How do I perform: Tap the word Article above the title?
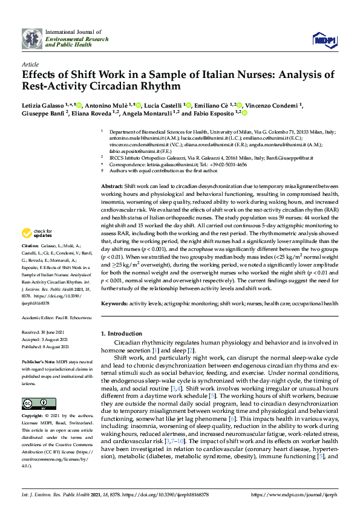click(30, 64)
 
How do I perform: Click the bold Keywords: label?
click(114, 302)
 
